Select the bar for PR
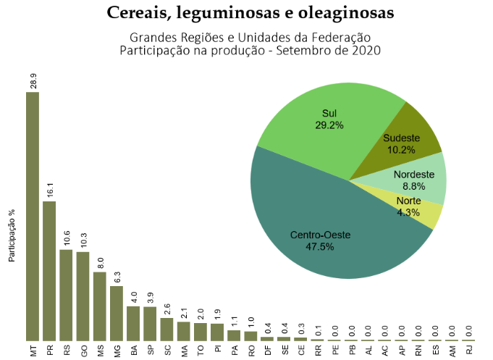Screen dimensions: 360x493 (x=49, y=271)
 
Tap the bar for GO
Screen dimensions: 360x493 (x=83, y=296)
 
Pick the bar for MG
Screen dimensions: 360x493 (x=117, y=313)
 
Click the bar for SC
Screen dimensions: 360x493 (x=167, y=329)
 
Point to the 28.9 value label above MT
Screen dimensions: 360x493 (x=33, y=80)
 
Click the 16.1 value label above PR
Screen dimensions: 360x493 (x=50, y=190)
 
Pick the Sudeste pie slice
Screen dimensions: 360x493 (x=409, y=141)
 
